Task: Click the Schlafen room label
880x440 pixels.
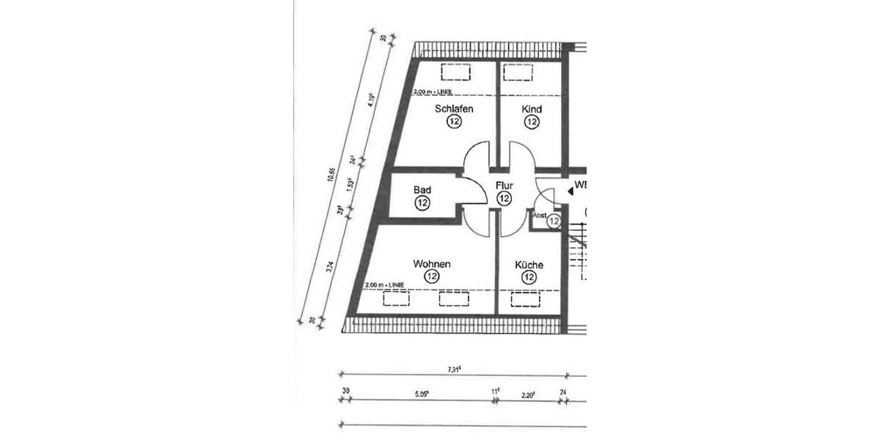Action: click(454, 109)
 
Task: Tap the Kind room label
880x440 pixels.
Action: click(532, 109)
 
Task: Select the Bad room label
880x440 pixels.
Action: click(422, 190)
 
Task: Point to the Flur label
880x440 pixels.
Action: click(504, 186)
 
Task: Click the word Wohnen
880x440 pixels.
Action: click(431, 264)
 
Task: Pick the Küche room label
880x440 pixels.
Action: click(529, 264)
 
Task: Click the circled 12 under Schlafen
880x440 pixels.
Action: click(454, 123)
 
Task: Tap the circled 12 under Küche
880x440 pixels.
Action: click(529, 277)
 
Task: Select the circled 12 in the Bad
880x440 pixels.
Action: click(422, 203)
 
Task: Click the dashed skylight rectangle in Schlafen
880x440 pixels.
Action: click(455, 72)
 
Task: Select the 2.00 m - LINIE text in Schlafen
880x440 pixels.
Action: click(432, 92)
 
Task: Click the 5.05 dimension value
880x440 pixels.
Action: click(421, 392)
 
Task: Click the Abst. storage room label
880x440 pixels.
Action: click(540, 215)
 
